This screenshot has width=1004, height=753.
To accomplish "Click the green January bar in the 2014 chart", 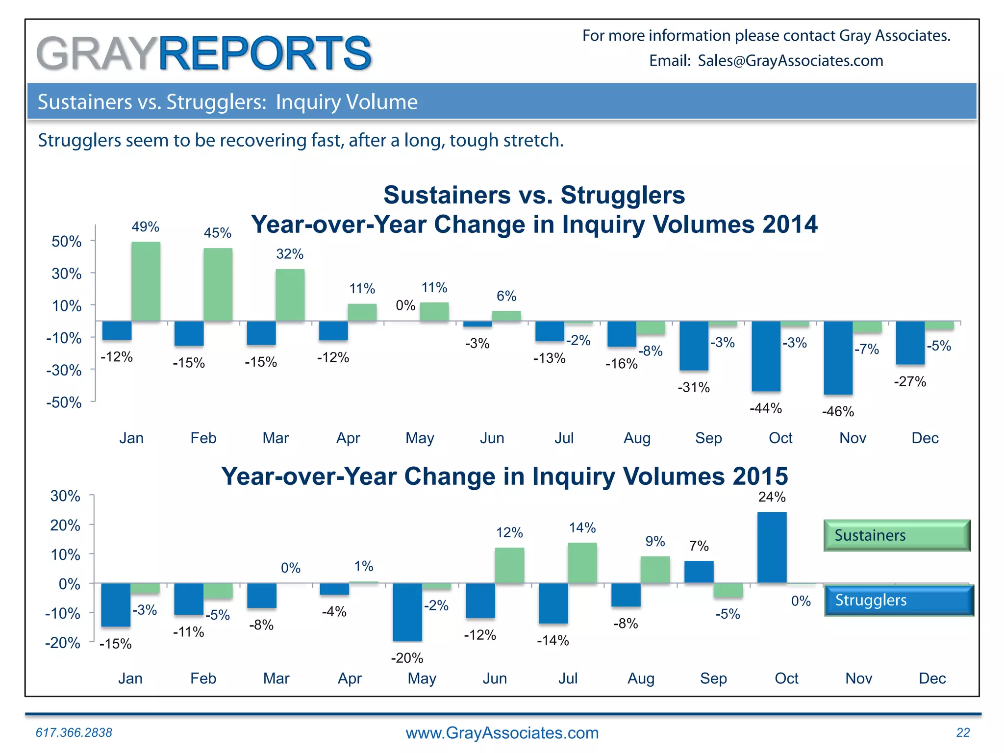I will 146,281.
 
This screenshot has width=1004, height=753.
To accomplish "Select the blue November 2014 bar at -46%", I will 838,358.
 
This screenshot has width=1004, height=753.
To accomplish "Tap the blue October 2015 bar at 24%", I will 772,548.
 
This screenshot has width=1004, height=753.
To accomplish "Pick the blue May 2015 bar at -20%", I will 407,612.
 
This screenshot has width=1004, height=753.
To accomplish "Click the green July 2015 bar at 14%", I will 582,563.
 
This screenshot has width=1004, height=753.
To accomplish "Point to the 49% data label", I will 145,227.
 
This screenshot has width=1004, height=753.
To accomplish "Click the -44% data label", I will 766,408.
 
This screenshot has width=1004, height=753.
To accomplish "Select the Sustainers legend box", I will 897,535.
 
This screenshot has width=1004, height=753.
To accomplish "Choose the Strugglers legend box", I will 899,600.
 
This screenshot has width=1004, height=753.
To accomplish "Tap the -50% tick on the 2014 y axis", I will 64,402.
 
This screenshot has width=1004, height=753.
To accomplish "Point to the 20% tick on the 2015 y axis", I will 65,526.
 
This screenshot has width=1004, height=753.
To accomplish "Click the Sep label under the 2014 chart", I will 708,438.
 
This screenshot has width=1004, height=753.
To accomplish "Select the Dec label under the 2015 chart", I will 932,678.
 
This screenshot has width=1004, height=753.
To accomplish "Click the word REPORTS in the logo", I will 265,53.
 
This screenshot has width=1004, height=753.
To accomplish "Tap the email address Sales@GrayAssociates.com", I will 790,61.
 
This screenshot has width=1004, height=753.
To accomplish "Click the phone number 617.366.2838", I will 74,732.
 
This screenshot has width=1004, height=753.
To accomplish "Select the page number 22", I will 963,732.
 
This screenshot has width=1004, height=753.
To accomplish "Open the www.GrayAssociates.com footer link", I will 502,733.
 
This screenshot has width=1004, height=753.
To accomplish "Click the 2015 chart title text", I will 504,476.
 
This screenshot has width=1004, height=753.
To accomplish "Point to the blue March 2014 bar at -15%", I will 261,333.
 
